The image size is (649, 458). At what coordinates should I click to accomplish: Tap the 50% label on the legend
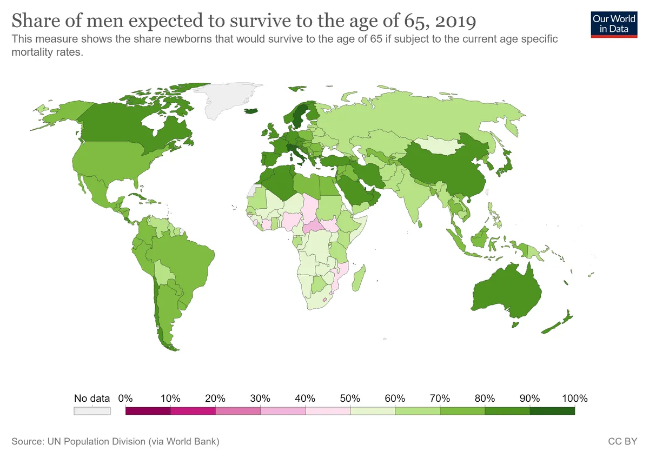point(350,399)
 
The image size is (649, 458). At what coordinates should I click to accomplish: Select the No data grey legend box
point(92,411)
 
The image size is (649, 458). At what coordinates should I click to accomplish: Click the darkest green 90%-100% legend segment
point(552,411)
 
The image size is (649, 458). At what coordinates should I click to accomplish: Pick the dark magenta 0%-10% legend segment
point(148,411)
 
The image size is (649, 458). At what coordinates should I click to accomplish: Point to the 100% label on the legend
point(574,399)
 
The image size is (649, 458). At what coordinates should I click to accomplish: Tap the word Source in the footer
point(27,441)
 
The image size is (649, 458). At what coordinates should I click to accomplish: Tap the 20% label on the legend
point(215,399)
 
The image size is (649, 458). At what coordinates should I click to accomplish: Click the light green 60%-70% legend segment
point(418,411)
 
